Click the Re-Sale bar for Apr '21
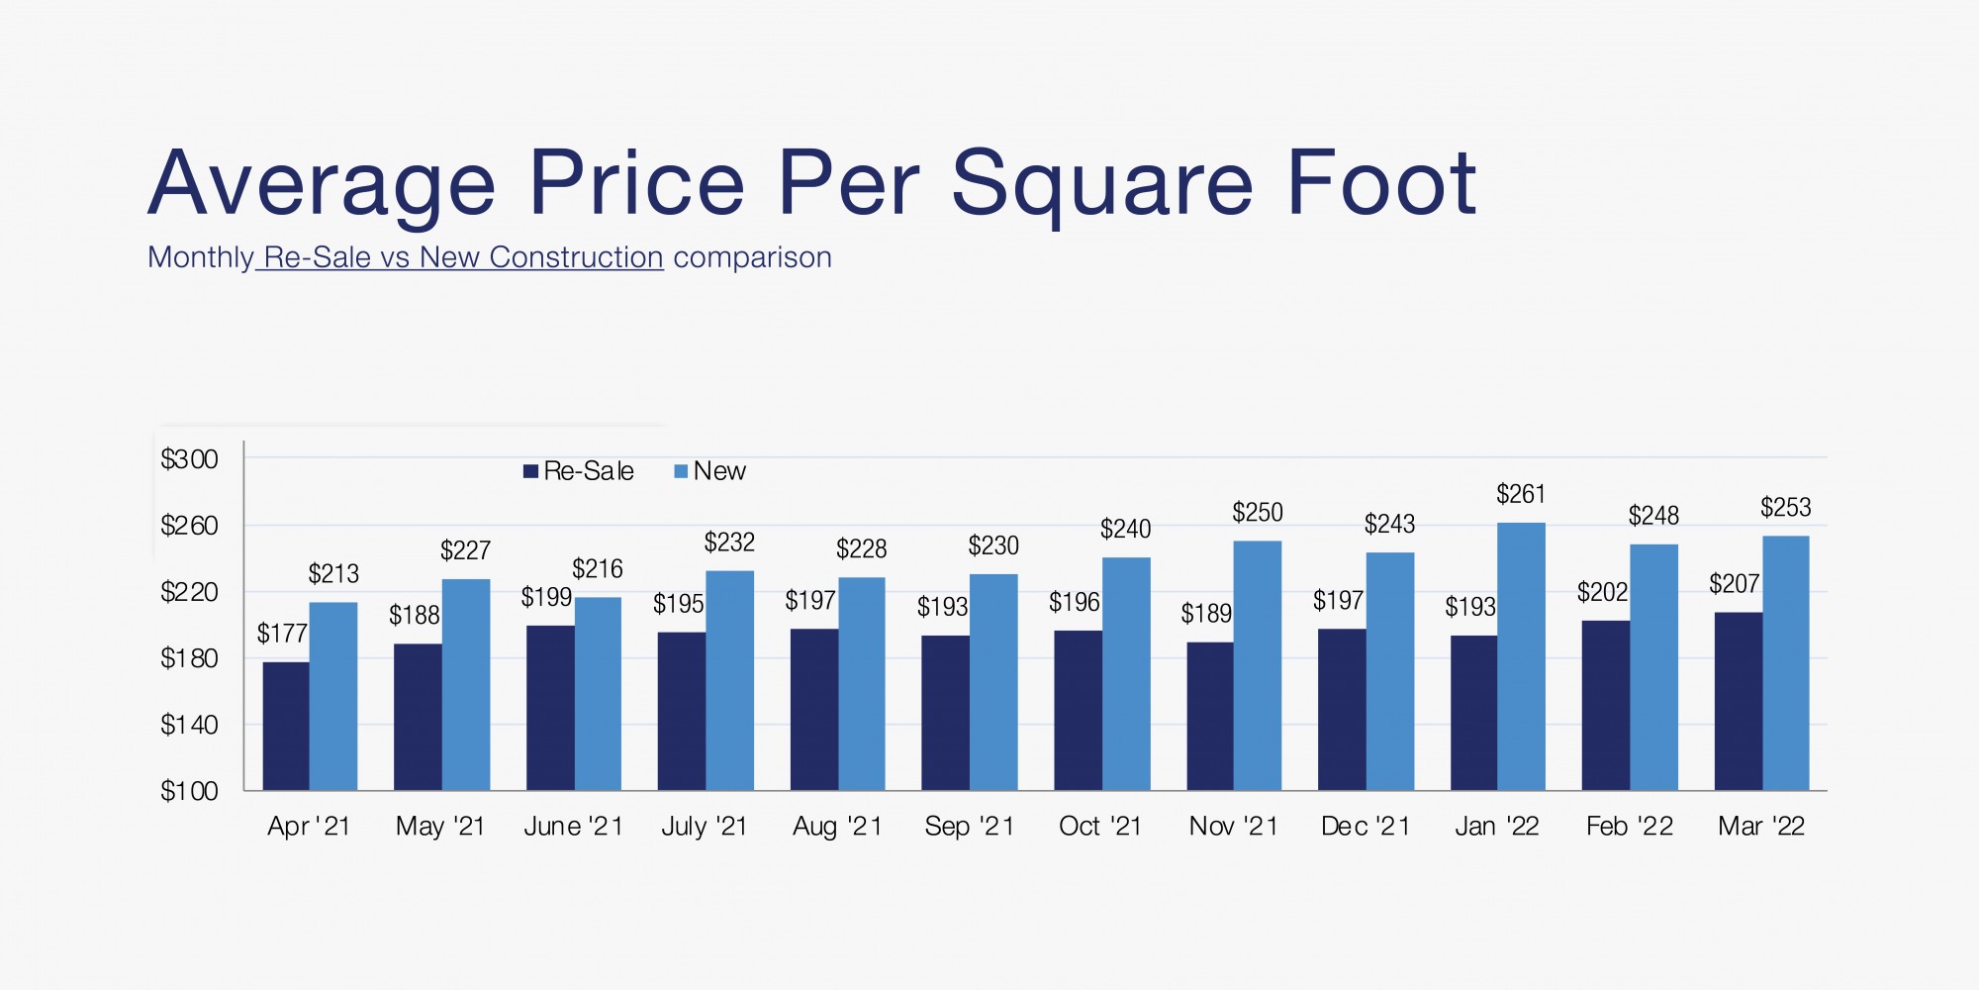286,726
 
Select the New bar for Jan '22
1522,656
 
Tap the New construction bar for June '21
598,694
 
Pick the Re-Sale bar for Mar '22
1739,701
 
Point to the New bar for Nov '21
1258,665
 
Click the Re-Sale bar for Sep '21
945,713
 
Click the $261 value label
1521,493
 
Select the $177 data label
282,634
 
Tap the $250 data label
1257,512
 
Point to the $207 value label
1734,584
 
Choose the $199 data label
546,597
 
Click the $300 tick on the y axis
189,459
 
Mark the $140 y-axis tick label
189,725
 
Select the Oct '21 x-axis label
1100,826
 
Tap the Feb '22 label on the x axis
1630,826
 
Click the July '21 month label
704,827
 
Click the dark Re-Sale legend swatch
530,471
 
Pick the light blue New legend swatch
681,471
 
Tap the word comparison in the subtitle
752,257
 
